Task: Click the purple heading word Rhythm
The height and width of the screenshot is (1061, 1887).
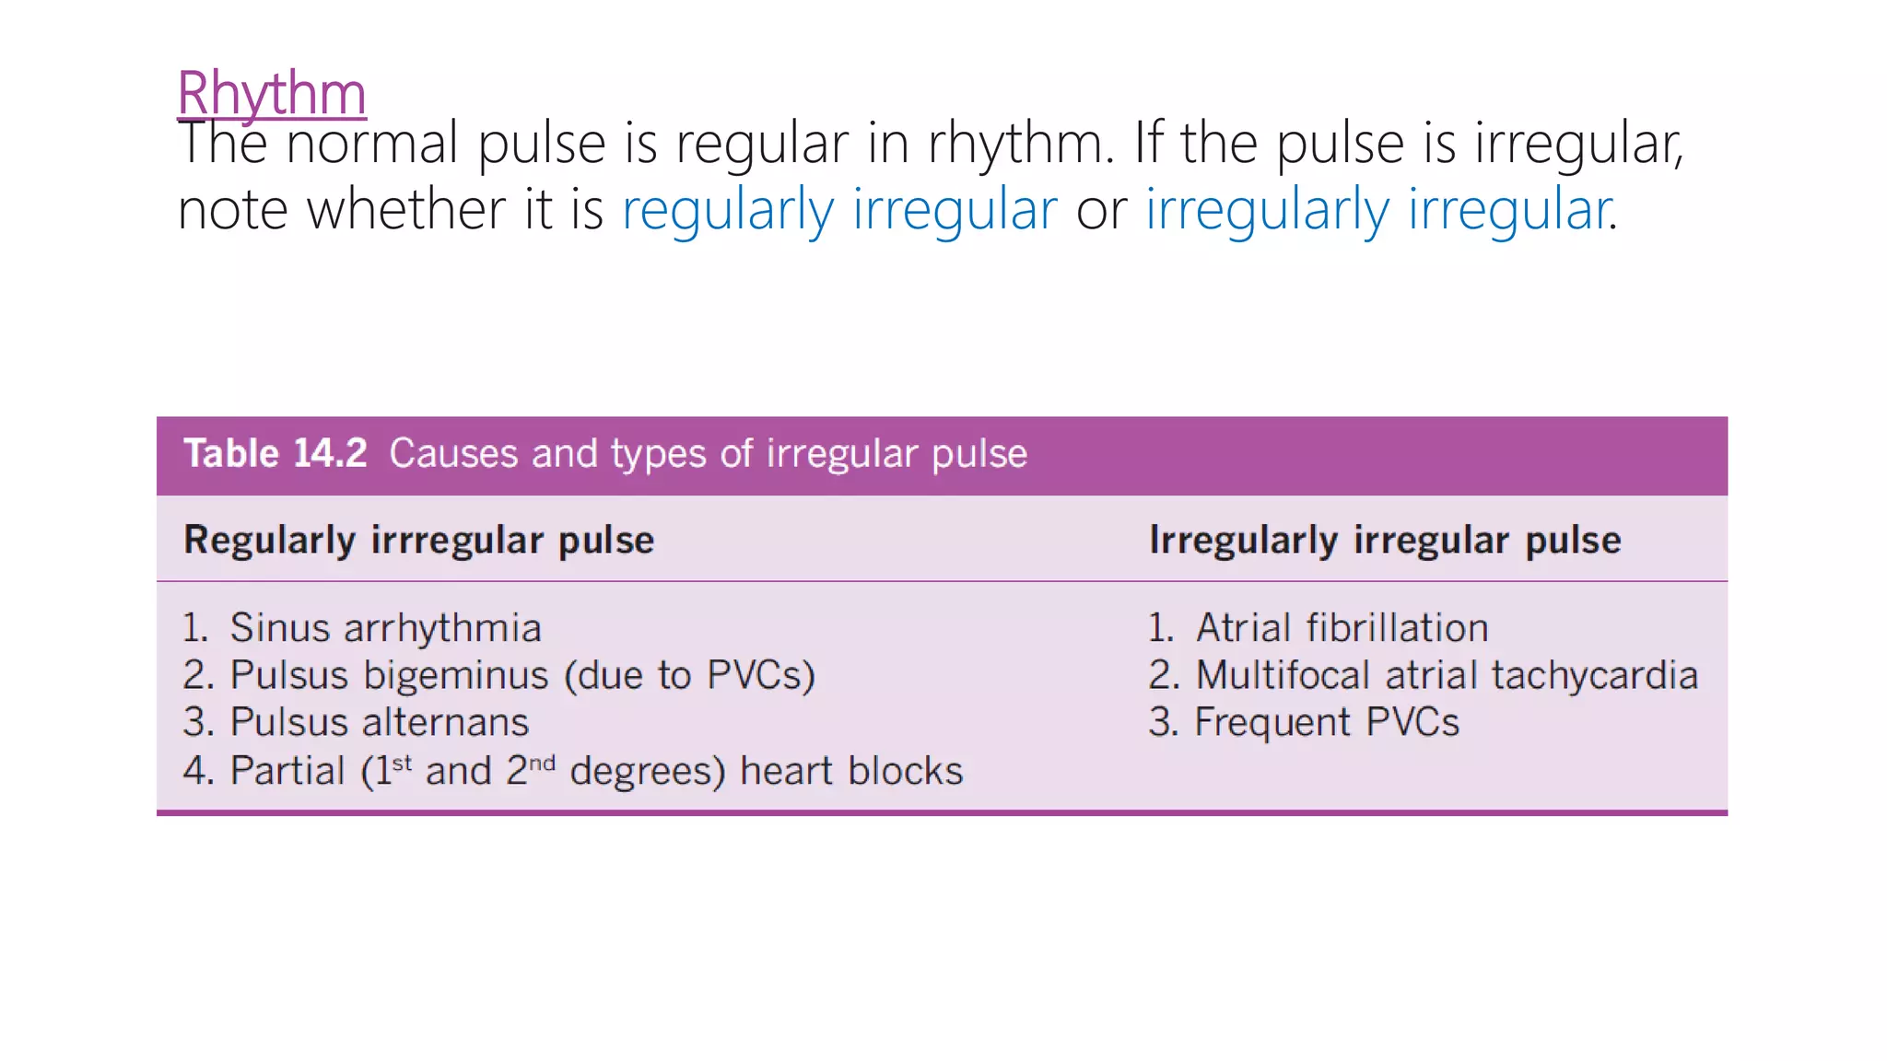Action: (x=272, y=93)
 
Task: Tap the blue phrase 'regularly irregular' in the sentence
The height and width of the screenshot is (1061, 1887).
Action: (x=839, y=209)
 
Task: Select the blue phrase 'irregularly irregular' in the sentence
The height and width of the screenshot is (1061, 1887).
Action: (x=1378, y=209)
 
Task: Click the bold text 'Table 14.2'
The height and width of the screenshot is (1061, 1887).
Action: (x=275, y=454)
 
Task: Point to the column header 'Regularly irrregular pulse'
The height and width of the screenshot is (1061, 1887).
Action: (x=419, y=540)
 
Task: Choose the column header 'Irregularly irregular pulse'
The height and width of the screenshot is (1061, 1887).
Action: (x=1385, y=540)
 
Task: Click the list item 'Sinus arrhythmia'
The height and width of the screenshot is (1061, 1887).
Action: (x=385, y=628)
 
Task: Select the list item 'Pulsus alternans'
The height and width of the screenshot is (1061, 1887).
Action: (x=379, y=722)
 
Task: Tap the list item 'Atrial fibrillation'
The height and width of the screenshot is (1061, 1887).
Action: (x=1342, y=628)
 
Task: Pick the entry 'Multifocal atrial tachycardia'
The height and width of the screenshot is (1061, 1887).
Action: (x=1447, y=675)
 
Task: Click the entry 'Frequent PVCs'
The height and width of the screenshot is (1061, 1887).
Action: (x=1327, y=722)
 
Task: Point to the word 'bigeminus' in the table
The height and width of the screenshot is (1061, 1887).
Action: (x=456, y=675)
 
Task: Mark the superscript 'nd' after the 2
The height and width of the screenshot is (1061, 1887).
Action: (x=543, y=763)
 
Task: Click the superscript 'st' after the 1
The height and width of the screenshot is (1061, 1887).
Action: (x=402, y=763)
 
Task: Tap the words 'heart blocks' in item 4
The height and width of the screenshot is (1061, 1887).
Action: (x=851, y=771)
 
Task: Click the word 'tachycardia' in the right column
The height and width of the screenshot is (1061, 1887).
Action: (x=1595, y=675)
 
